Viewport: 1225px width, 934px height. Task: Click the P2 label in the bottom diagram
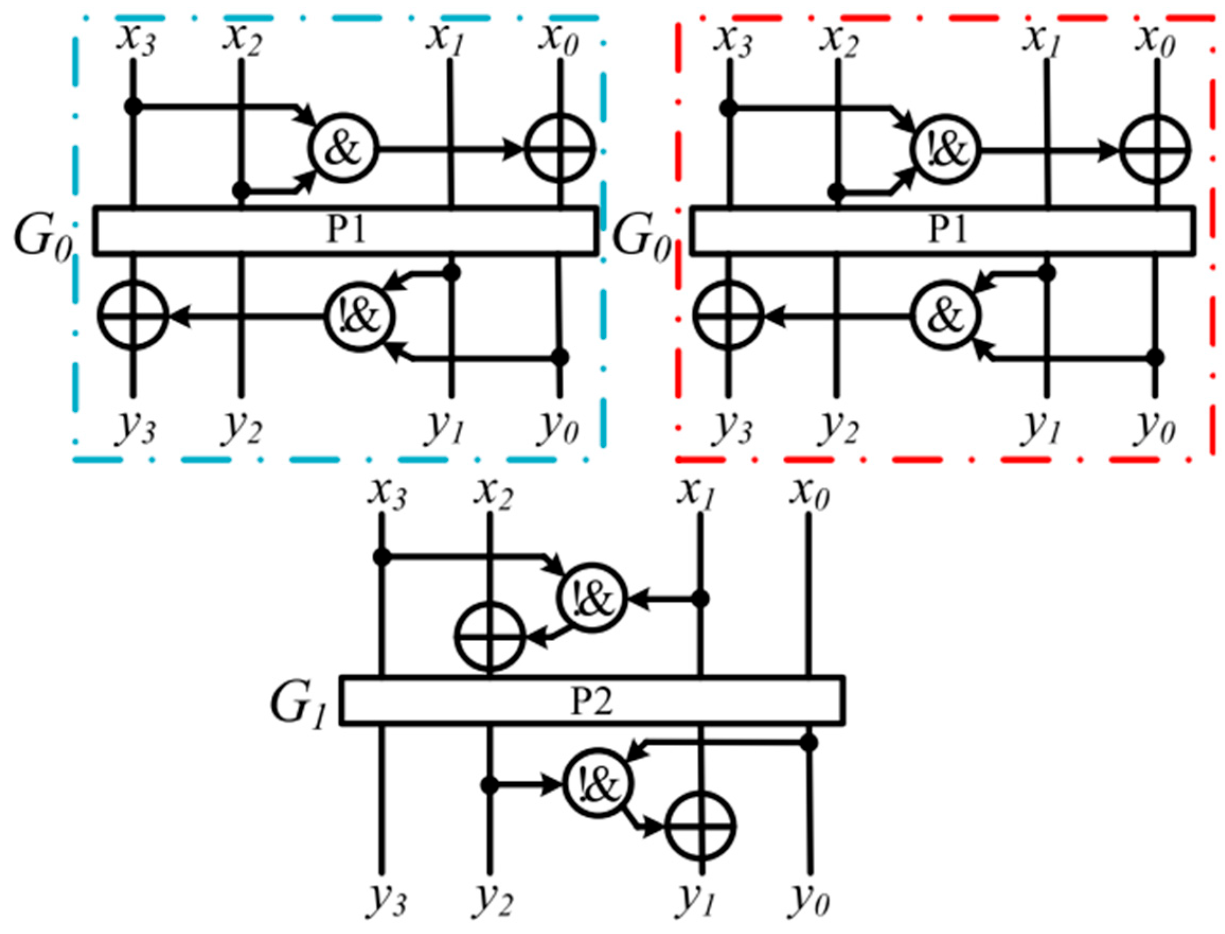[x=592, y=702]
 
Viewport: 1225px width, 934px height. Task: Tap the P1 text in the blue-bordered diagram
[x=345, y=230]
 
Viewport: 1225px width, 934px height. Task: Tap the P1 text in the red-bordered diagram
[x=949, y=230]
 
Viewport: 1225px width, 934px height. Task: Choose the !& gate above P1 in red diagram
[x=945, y=150]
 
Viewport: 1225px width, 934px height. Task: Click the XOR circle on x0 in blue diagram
[x=560, y=149]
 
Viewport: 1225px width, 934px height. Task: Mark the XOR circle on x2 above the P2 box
[x=489, y=636]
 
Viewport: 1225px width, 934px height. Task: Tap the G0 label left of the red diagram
[x=641, y=244]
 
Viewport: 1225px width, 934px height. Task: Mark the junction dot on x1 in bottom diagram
[x=700, y=599]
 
